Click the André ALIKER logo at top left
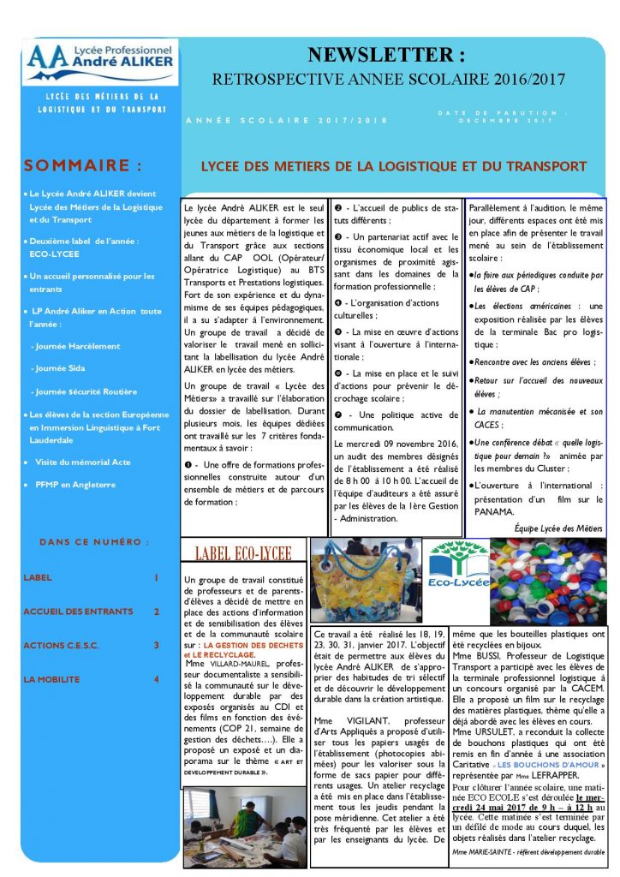[x=100, y=62]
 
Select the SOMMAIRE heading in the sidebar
[x=83, y=165]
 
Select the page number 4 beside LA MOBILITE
[x=156, y=679]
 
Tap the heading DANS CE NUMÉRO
[x=94, y=542]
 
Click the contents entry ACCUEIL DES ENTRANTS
[x=79, y=612]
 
